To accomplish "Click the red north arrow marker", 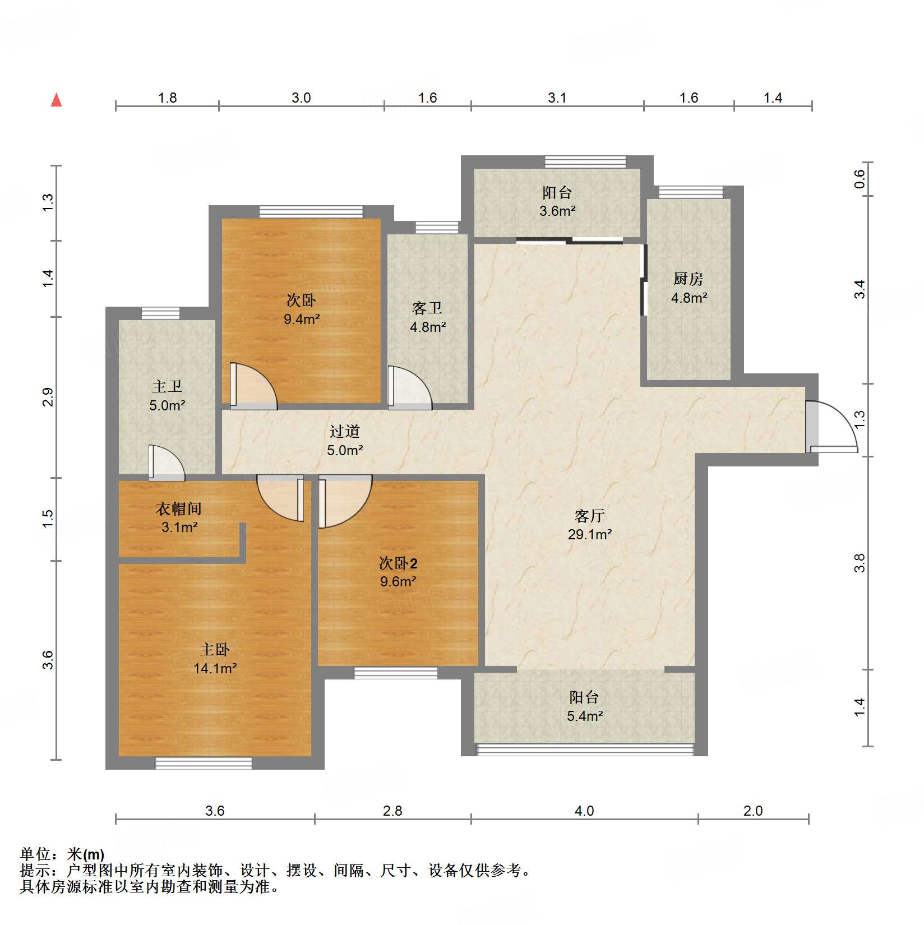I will click(x=56, y=100).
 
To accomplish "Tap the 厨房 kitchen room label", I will click(x=688, y=279).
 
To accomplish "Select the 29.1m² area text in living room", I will click(x=589, y=534).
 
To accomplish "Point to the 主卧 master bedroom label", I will click(x=215, y=650).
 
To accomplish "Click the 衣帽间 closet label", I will click(x=178, y=508).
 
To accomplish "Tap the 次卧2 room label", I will click(x=398, y=563).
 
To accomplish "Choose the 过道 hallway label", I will click(x=344, y=431).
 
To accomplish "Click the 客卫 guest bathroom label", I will click(x=427, y=308).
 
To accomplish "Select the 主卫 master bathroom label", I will click(x=167, y=386).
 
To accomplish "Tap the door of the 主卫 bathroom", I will click(x=166, y=463).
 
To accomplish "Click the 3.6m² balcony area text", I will click(x=557, y=211).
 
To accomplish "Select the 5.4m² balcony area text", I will click(x=585, y=716).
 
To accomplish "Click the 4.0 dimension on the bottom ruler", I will click(x=584, y=811).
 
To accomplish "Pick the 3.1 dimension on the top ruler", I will click(x=557, y=98).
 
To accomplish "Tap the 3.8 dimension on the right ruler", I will click(x=860, y=563).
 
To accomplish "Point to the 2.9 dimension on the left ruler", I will click(x=48, y=397).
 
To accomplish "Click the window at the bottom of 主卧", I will click(x=204, y=762).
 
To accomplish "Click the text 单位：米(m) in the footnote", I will click(x=62, y=854).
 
